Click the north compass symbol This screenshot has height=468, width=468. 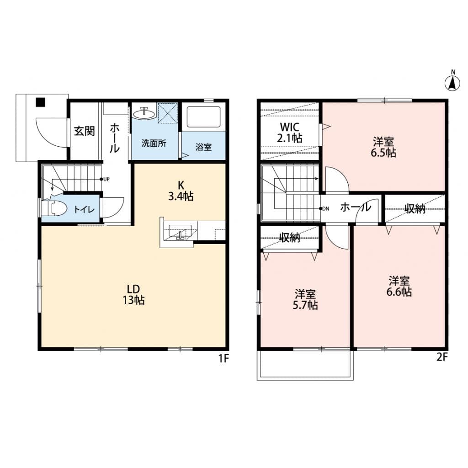452,81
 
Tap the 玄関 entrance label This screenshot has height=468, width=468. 84,131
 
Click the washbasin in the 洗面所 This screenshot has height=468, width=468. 144,113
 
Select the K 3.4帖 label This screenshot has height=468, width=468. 181,191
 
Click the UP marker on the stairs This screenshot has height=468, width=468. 105,179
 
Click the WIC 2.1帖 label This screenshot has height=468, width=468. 289,133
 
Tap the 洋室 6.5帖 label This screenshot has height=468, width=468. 383,147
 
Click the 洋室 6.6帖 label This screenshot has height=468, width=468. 399,287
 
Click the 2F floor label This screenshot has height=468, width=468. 442,357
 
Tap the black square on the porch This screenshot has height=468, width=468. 40,102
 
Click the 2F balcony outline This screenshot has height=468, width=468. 305,380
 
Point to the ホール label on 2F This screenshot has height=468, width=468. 356,207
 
